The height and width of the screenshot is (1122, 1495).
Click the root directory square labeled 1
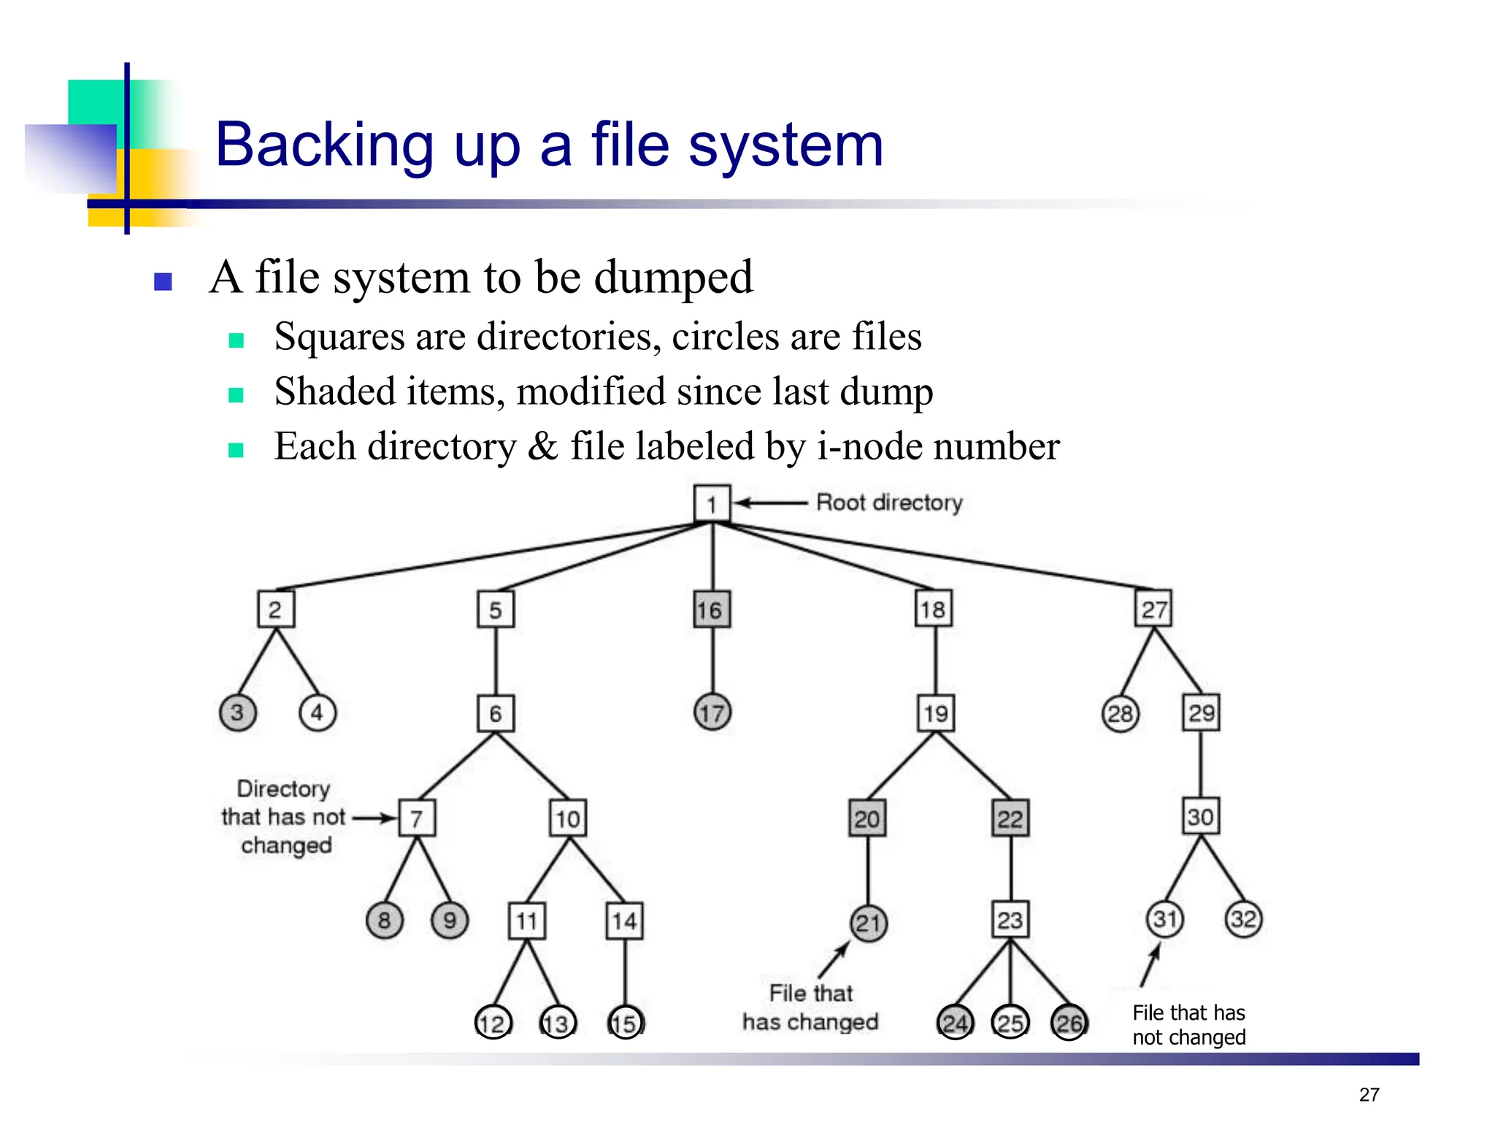click(x=712, y=503)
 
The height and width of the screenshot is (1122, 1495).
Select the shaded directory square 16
click(x=712, y=609)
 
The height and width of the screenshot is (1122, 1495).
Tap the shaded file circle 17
click(x=712, y=712)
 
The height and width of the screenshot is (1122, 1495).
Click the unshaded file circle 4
click(x=318, y=712)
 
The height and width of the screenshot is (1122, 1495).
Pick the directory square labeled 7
click(x=417, y=818)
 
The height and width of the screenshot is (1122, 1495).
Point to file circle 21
click(x=869, y=923)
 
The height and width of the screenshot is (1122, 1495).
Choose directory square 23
click(x=1010, y=920)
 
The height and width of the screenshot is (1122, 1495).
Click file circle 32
click(x=1243, y=919)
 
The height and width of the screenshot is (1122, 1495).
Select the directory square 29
click(x=1201, y=712)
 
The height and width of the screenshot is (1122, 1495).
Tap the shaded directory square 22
click(x=1010, y=818)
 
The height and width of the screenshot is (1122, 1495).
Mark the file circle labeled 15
click(x=626, y=1023)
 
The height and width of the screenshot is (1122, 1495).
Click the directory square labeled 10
click(x=568, y=818)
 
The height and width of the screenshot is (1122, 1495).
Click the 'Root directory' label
click(x=889, y=503)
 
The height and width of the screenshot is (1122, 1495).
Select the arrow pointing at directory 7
click(x=374, y=818)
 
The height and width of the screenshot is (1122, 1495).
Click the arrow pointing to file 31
click(x=1150, y=964)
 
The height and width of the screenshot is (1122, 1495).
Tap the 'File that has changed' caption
click(x=810, y=1007)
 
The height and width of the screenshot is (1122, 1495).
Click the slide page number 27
click(x=1369, y=1094)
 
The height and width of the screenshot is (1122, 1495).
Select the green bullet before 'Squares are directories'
click(x=236, y=340)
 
